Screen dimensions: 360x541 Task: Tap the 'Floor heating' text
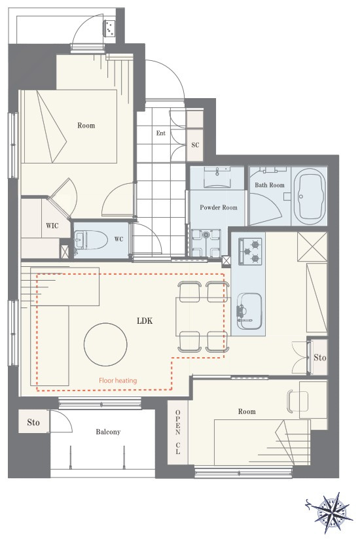(118, 381)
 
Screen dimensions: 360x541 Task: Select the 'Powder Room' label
(219, 207)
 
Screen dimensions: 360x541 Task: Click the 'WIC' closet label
(52, 226)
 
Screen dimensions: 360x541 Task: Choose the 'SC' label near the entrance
(195, 145)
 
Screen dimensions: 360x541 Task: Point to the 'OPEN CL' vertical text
(177, 432)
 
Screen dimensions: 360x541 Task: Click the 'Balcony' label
(108, 432)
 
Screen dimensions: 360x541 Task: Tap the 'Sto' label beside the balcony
(33, 423)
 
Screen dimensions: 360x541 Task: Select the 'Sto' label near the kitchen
(319, 357)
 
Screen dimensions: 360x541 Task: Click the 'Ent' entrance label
(161, 133)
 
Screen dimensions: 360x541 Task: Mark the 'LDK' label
(145, 321)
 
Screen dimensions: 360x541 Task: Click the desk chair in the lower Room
(297, 401)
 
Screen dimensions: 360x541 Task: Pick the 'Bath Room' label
(270, 185)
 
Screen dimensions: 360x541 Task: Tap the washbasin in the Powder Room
(217, 176)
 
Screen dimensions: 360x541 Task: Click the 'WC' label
(118, 239)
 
